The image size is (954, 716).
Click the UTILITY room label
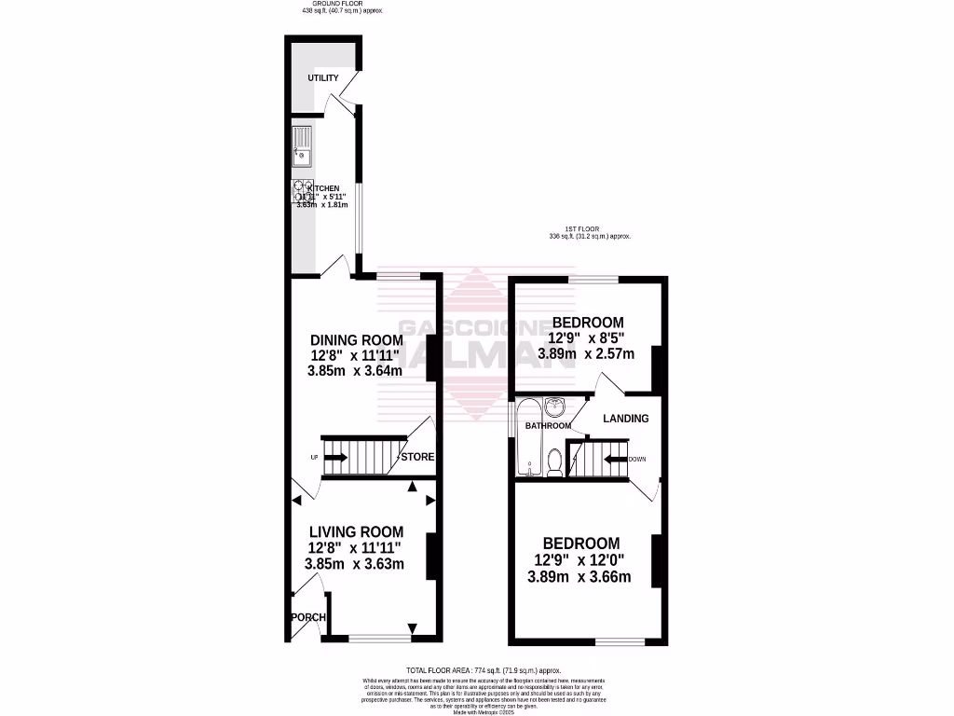pos(323,77)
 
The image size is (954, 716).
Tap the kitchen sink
pos(303,149)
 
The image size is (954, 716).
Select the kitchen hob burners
pos(304,191)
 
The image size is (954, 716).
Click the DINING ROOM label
pos(356,339)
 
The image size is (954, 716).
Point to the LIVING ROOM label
pos(356,532)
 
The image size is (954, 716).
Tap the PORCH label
pos(307,618)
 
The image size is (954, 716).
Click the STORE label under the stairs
pos(417,457)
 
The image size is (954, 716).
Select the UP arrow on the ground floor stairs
pos(336,457)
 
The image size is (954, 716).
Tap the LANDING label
pos(626,419)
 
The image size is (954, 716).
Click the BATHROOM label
pos(548,426)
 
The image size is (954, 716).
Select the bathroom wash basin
pos(556,406)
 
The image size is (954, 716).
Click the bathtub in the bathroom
pos(525,437)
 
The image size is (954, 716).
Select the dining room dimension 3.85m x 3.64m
pos(355,370)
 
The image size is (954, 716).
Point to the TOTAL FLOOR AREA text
pos(484,670)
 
